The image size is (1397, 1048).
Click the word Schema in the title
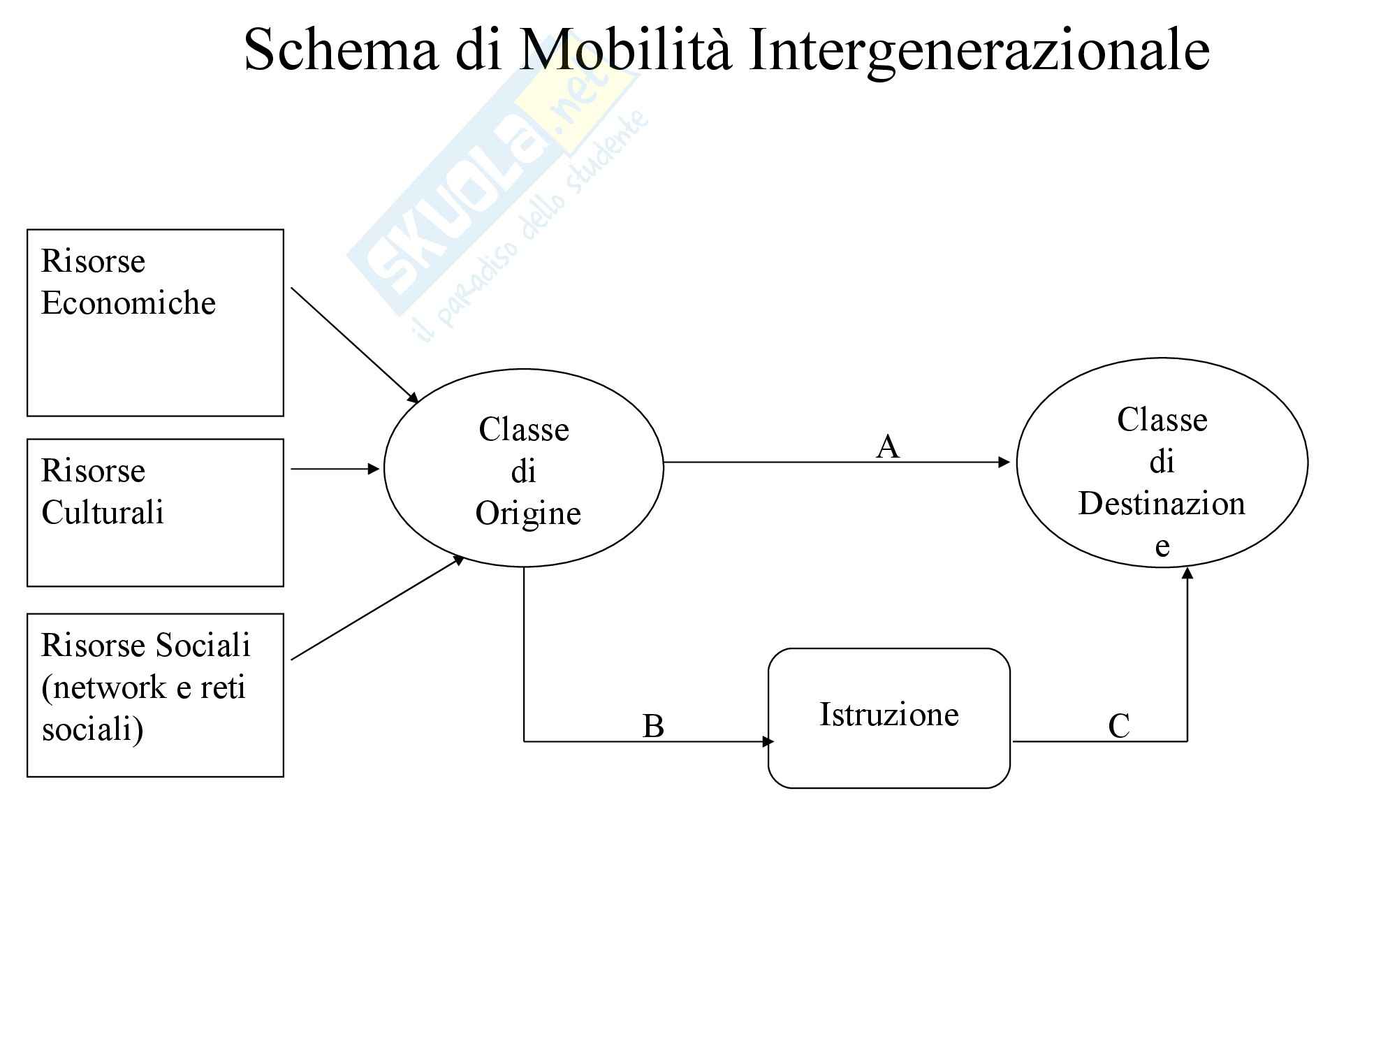click(x=341, y=50)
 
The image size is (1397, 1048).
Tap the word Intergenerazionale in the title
click(x=978, y=50)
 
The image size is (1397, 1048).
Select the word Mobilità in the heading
click(x=625, y=50)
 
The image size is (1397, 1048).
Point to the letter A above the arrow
click(x=887, y=446)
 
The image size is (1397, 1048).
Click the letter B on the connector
click(x=653, y=726)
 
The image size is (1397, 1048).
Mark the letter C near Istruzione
click(x=1119, y=726)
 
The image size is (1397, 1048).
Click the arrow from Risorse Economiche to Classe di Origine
click(x=354, y=345)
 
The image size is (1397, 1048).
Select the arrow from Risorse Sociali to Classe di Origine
click(x=377, y=608)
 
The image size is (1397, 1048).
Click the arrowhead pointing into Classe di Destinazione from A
click(x=1004, y=462)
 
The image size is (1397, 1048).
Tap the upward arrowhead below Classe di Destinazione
click(x=1187, y=574)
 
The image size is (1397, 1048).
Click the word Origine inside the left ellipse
click(x=528, y=514)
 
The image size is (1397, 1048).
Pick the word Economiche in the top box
click(x=129, y=303)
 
